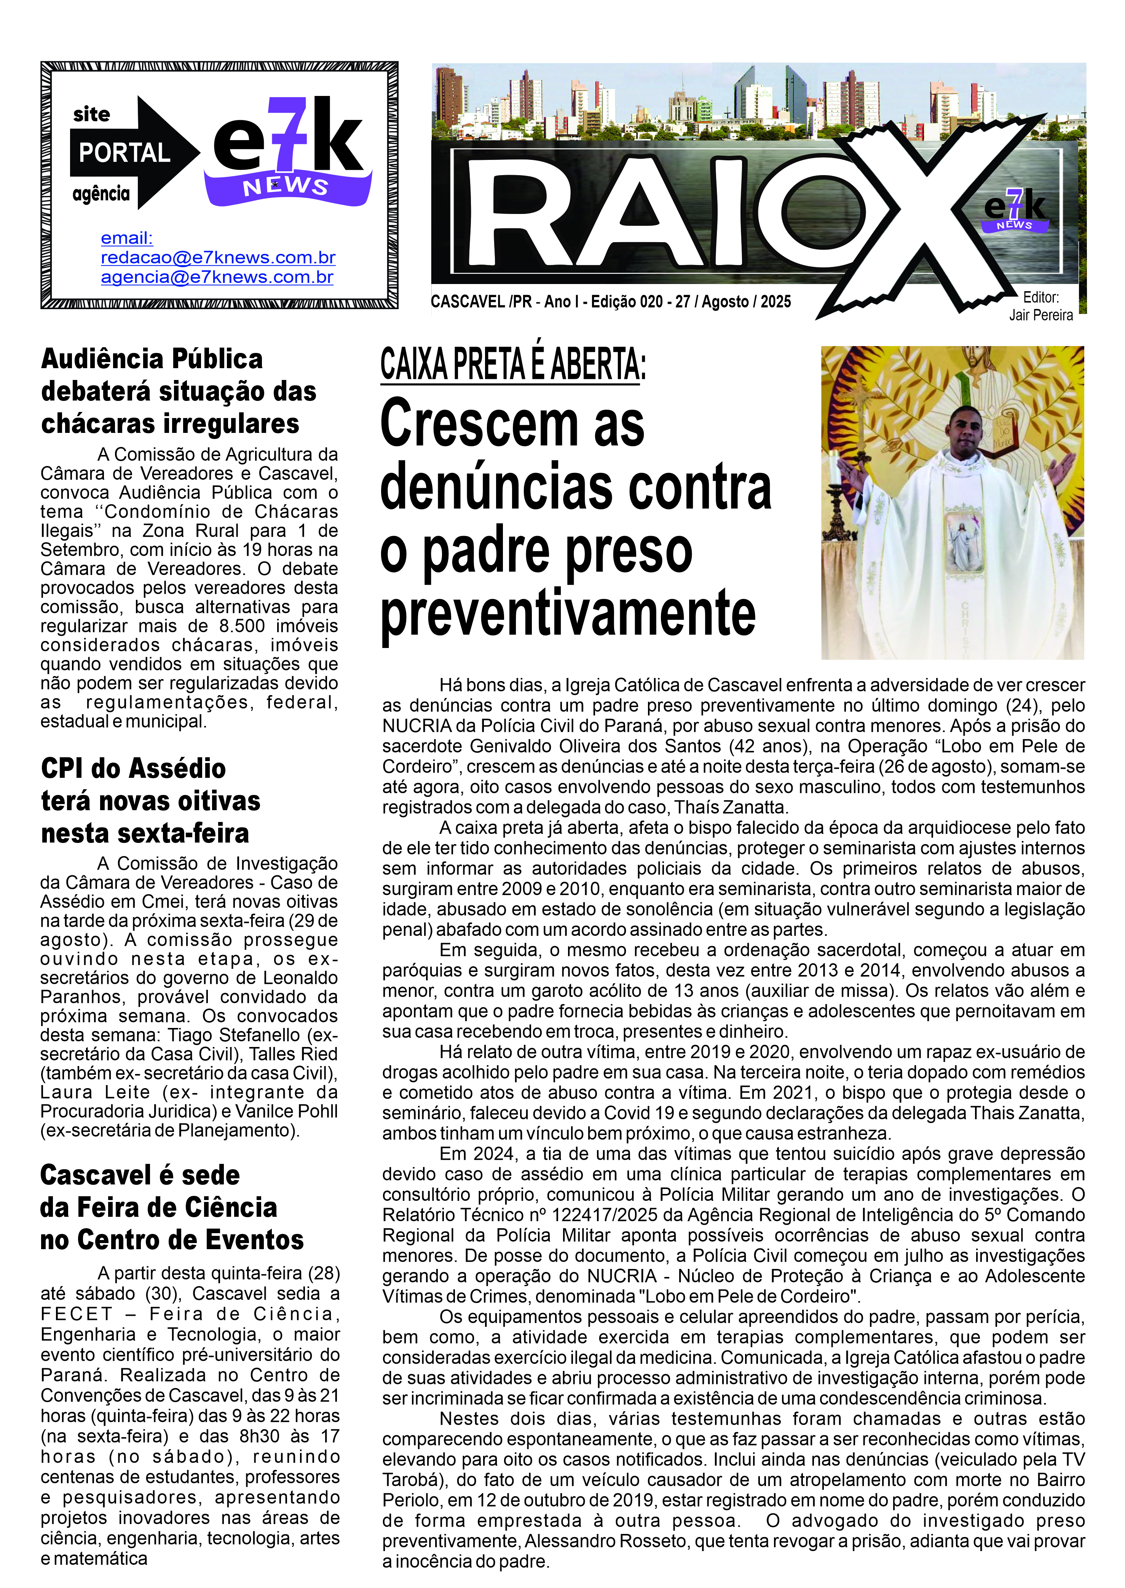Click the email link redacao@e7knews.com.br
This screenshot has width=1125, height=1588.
[x=218, y=258]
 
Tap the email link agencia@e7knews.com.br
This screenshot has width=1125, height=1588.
[x=217, y=277]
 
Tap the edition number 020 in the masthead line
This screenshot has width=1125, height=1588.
[x=651, y=302]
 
